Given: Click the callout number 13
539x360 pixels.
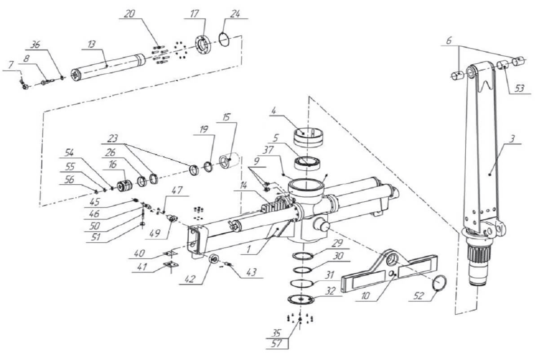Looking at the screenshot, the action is pos(92,44).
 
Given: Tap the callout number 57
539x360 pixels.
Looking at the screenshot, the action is pos(276,344).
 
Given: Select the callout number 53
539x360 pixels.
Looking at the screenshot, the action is pos(520,89).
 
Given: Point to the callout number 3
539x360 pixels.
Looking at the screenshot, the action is pos(512,139).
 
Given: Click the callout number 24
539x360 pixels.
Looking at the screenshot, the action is pos(235,14).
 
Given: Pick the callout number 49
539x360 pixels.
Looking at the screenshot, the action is pos(155,234).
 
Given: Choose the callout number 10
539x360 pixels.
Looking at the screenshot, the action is pos(365,296).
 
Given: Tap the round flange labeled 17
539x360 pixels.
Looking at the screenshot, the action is pos(203,46).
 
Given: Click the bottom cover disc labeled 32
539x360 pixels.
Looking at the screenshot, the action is pos(301,299).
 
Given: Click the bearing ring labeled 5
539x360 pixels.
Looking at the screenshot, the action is pos(308,164).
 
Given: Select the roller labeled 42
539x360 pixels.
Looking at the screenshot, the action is pos(214,259).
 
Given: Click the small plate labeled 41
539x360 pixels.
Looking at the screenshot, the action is pos(171,264).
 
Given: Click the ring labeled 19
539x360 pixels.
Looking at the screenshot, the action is pos(208,167).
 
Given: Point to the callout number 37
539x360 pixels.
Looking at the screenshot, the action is pos(268,150).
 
